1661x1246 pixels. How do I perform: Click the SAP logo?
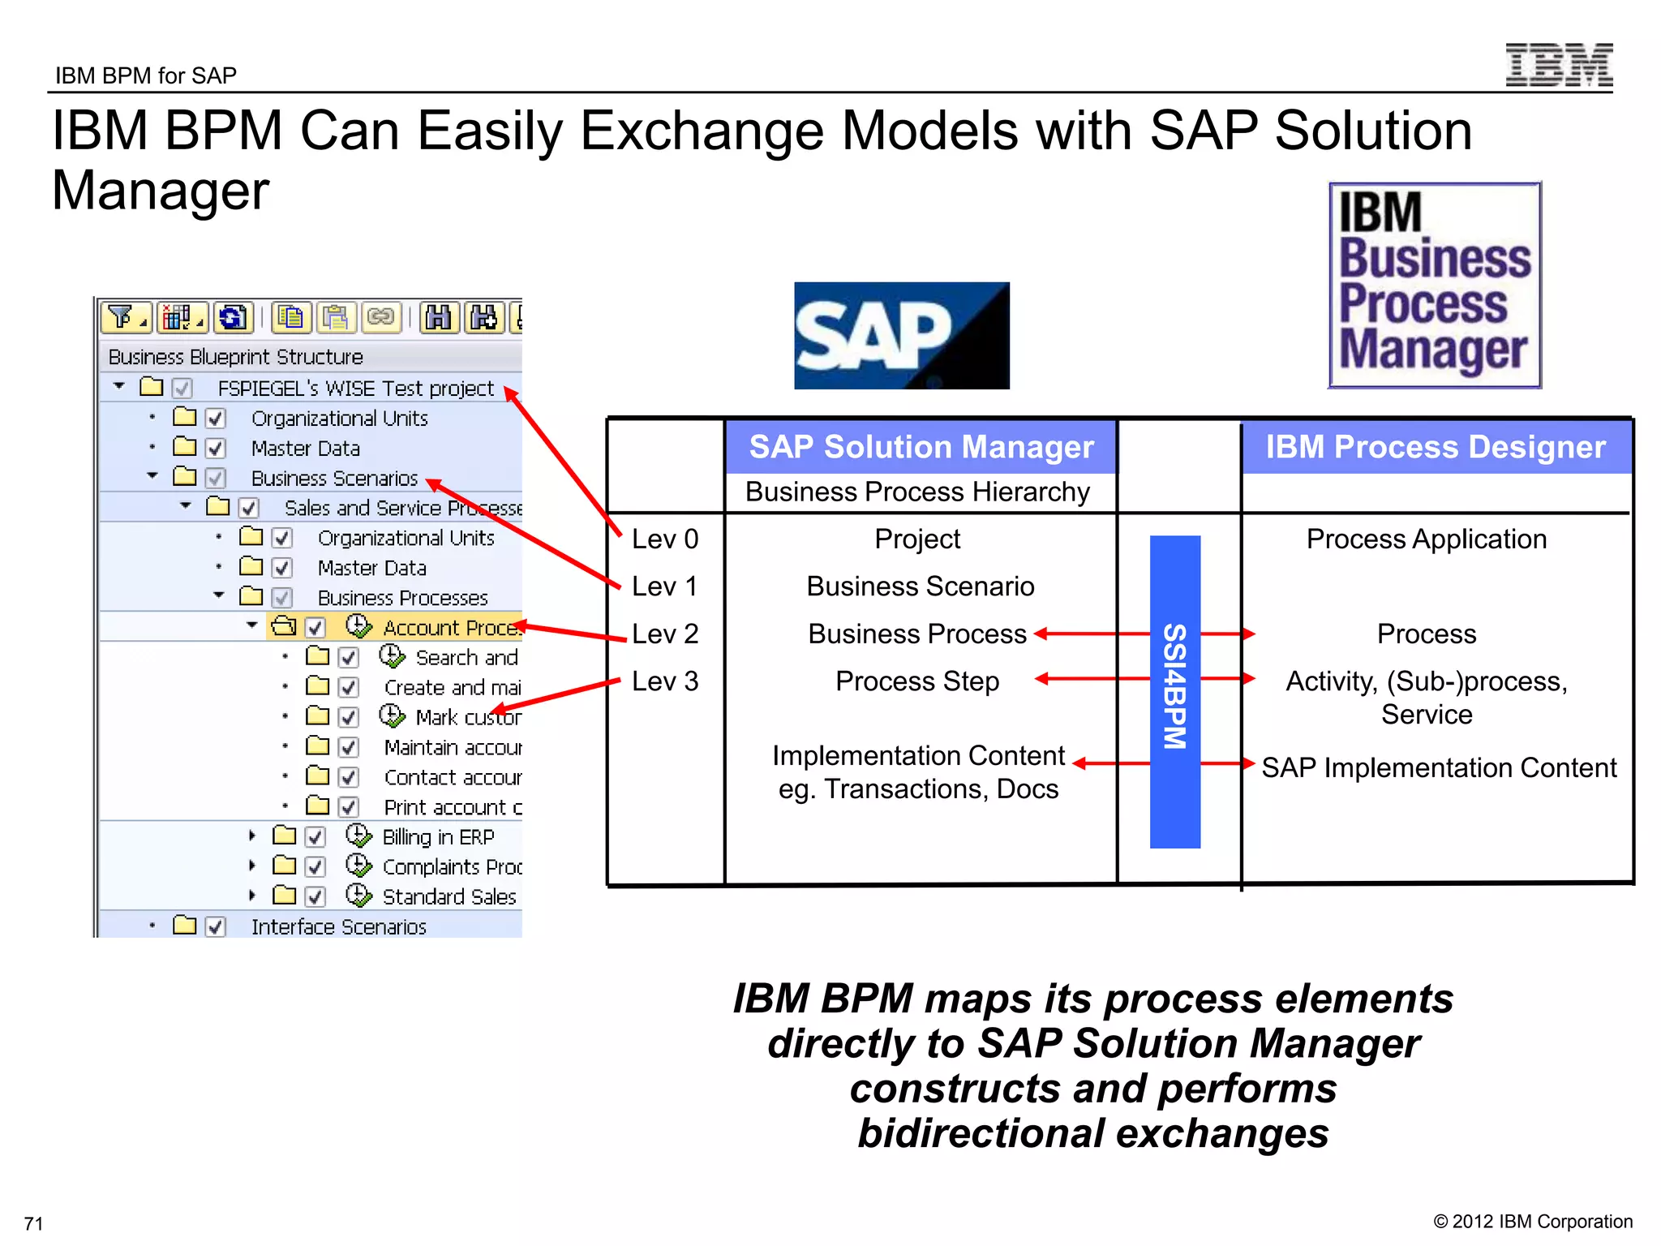coord(901,336)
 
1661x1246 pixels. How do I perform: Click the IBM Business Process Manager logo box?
coord(1434,285)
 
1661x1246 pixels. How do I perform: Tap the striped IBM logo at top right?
coord(1558,65)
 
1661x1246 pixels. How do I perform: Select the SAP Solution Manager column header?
coord(921,447)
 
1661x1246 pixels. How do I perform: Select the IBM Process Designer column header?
coord(1436,447)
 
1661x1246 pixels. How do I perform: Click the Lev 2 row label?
coord(665,634)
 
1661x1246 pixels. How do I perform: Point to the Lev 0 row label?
coord(665,539)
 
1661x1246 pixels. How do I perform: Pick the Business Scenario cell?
coord(920,586)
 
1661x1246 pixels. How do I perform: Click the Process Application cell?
coord(1426,539)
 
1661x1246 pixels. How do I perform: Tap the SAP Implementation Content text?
coord(1438,767)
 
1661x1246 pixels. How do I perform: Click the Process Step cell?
coord(916,681)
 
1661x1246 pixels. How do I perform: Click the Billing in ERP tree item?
coord(437,836)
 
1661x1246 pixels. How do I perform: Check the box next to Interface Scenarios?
coord(215,926)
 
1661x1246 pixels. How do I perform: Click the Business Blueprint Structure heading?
coord(235,357)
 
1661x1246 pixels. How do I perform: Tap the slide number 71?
coord(33,1223)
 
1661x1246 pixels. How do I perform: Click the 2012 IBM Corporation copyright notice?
coord(1532,1222)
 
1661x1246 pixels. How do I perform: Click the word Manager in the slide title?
coord(160,191)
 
